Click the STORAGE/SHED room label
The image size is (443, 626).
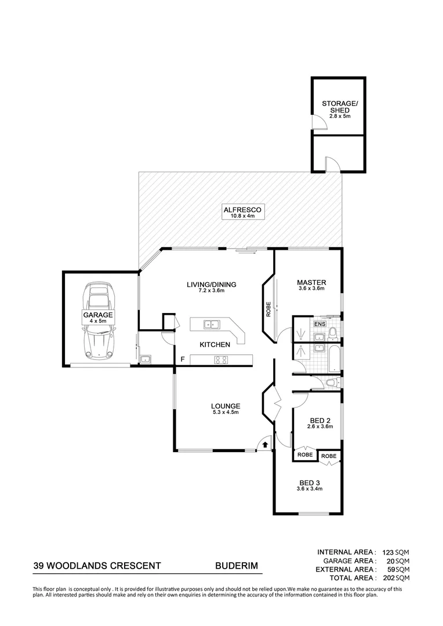(x=340, y=108)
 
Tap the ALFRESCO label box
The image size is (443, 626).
(x=244, y=212)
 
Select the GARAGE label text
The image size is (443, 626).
(x=97, y=315)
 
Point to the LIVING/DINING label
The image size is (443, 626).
(x=212, y=284)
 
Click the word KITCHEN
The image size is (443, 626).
(x=215, y=344)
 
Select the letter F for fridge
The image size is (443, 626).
(x=182, y=360)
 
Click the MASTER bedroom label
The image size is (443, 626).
(x=312, y=282)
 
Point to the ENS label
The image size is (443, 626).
(x=319, y=324)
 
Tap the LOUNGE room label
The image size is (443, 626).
(x=226, y=406)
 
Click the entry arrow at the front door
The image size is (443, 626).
(x=265, y=445)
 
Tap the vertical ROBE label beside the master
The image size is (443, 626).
(x=268, y=310)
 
